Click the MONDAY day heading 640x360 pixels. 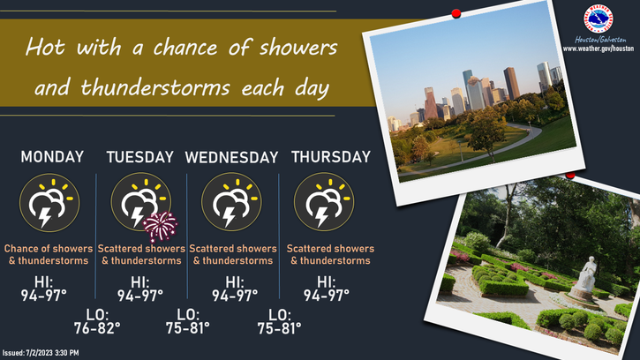click(52, 157)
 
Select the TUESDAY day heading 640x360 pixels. click(140, 157)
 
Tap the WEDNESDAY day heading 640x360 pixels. click(231, 157)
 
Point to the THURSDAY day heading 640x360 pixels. click(331, 157)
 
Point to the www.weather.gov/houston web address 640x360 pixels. click(599, 48)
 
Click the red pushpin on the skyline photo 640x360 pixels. click(456, 14)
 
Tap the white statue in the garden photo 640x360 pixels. click(586, 278)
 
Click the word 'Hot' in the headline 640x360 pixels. click(49, 46)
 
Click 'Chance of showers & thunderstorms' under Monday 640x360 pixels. click(47, 255)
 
